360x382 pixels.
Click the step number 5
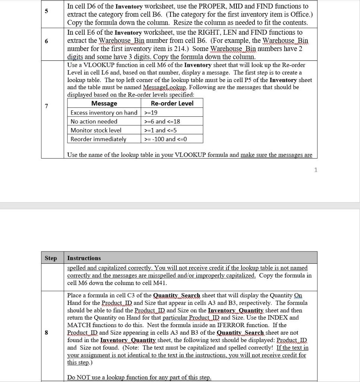[x=46, y=11]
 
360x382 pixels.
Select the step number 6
[x=46, y=41]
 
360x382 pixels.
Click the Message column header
[x=104, y=103]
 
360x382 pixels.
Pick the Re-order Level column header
[x=172, y=103]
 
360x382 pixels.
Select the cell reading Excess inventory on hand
[x=104, y=112]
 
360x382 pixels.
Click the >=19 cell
[x=151, y=112]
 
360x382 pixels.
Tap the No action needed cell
[x=94, y=121]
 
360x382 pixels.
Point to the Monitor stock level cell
[x=96, y=130]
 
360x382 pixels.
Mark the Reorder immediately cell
[x=98, y=139]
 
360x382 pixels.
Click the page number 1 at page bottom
[x=316, y=170]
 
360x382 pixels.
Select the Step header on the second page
[x=51, y=258]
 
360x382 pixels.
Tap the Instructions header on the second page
[x=84, y=258]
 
